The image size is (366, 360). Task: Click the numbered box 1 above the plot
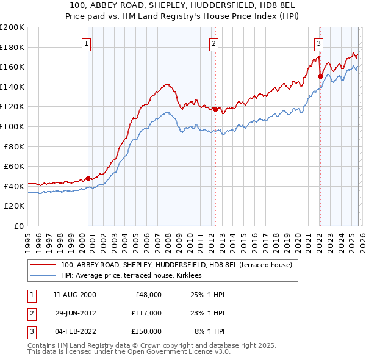point(87,43)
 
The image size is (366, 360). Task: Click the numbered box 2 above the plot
point(214,43)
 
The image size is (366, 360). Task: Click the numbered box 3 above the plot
point(319,43)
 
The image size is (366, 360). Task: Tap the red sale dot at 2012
point(215,110)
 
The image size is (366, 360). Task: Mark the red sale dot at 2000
point(88,178)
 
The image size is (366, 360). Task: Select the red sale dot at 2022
point(320,76)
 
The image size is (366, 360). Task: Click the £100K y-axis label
point(12,126)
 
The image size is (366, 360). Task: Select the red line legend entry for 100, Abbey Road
point(177,265)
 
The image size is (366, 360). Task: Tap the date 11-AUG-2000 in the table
point(75,295)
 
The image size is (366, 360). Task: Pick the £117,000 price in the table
point(146,313)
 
